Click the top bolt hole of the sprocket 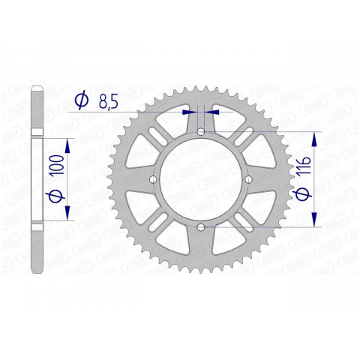201,133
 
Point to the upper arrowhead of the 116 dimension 315,138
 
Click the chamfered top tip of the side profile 37,91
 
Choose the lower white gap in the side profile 37,226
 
